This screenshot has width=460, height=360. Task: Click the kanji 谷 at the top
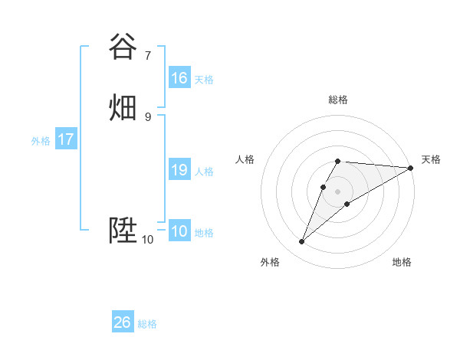click(x=123, y=47)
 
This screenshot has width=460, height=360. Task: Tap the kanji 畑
click(x=123, y=107)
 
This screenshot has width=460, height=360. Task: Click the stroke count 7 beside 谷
click(x=148, y=55)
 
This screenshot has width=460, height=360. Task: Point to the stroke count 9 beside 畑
click(x=148, y=116)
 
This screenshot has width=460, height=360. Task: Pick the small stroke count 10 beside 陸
click(x=147, y=240)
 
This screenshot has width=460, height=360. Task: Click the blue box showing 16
click(x=179, y=78)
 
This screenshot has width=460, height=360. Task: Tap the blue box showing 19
click(x=179, y=170)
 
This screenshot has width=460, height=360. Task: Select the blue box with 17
click(x=65, y=139)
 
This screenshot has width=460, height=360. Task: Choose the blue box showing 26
click(x=122, y=322)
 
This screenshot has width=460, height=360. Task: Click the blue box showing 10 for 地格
click(x=179, y=231)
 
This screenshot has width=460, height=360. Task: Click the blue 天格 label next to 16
click(x=204, y=80)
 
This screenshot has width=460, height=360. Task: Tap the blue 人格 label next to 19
click(x=204, y=172)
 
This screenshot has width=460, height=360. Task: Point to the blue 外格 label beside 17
click(x=41, y=141)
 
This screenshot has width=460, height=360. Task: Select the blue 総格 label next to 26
click(x=147, y=324)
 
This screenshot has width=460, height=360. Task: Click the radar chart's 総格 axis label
click(x=338, y=100)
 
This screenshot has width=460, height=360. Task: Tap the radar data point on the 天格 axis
click(x=411, y=168)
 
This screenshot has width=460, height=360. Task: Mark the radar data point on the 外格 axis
click(x=301, y=242)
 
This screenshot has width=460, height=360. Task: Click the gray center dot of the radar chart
click(x=338, y=191)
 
